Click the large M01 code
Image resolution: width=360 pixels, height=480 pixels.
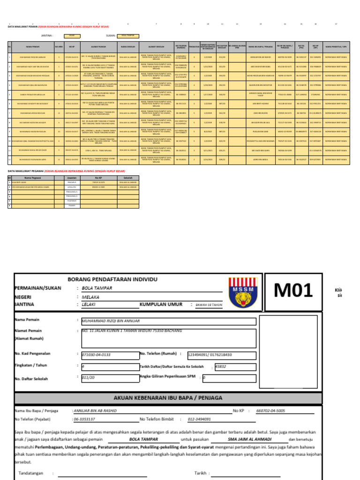pyautogui.click(x=293, y=291)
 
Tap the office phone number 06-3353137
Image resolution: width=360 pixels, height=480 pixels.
pyautogui.click(x=84, y=419)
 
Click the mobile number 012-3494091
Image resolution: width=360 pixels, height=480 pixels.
pyautogui.click(x=200, y=419)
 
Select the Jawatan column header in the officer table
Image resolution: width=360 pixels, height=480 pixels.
pyautogui.click(x=72, y=178)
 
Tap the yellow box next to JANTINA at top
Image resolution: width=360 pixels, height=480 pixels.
pyautogui.click(x=72, y=35)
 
